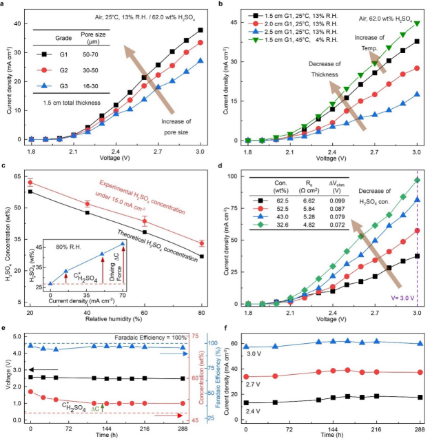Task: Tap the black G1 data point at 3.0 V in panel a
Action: pyautogui.click(x=200, y=30)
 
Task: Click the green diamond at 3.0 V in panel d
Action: pyautogui.click(x=417, y=180)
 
